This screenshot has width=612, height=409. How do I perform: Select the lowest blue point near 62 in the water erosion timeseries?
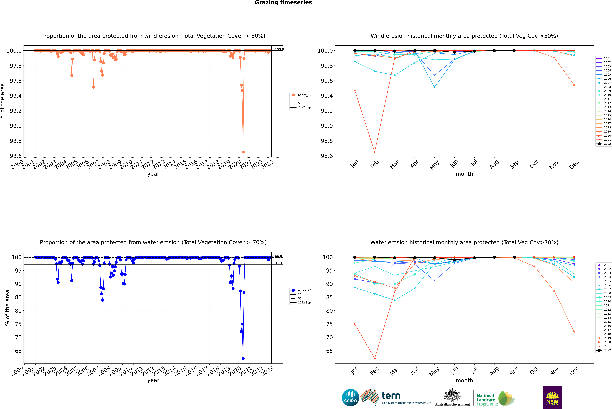(x=243, y=358)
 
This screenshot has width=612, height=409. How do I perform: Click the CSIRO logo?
(x=350, y=398)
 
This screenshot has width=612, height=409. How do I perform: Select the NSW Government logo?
(x=552, y=398)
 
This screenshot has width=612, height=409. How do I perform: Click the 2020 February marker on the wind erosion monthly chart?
(x=375, y=152)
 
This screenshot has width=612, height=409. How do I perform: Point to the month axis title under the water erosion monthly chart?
(x=464, y=380)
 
